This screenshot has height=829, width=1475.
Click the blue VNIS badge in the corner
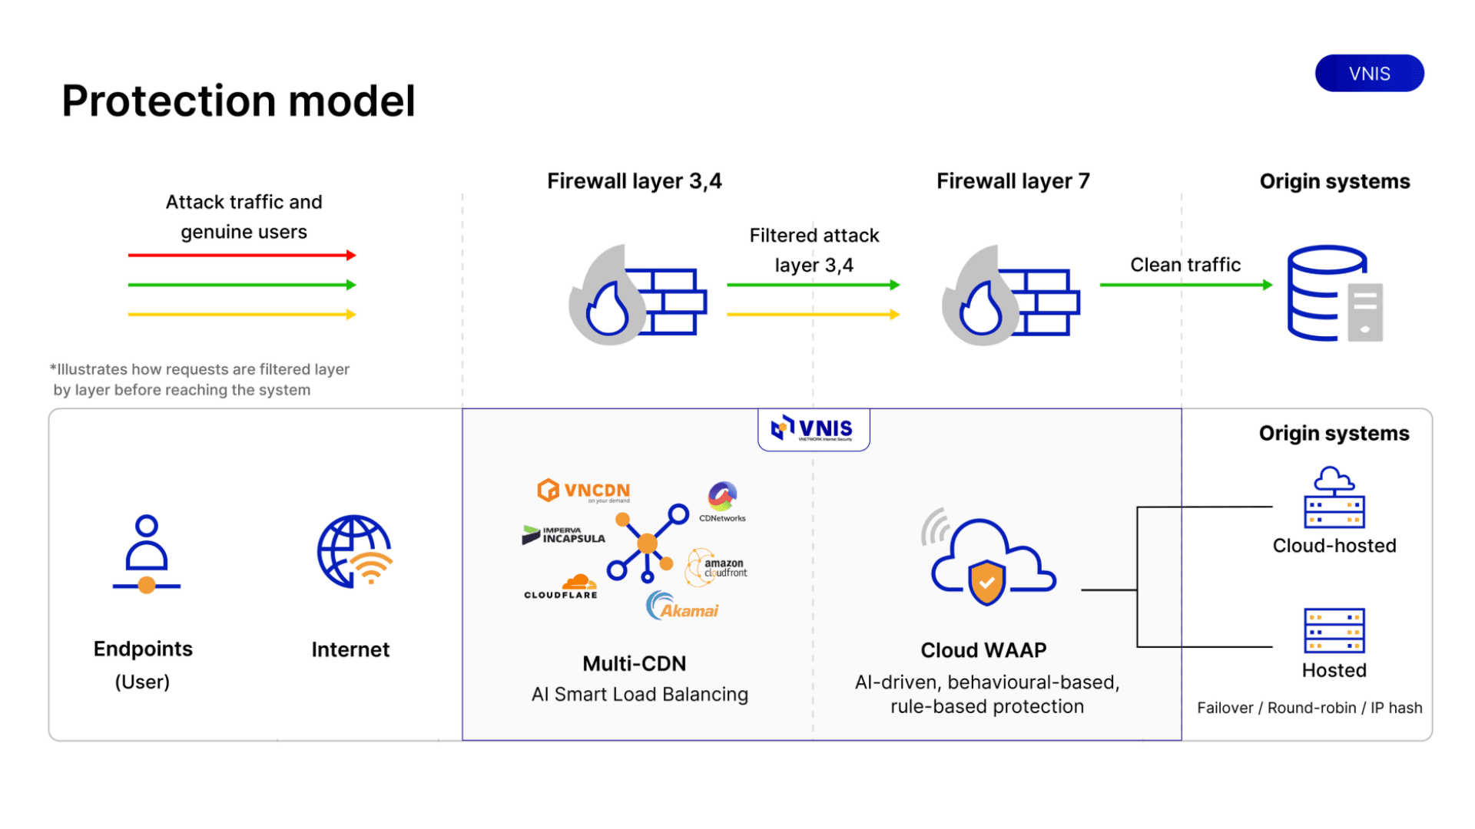(x=1369, y=74)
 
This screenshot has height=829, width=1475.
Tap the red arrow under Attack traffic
(x=242, y=255)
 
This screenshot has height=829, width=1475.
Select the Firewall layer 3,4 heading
(x=635, y=181)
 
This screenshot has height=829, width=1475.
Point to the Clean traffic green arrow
(x=1186, y=285)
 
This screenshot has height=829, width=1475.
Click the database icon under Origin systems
(x=1335, y=293)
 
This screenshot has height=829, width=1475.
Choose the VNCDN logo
(x=584, y=490)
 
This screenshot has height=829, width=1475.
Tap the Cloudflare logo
(x=562, y=586)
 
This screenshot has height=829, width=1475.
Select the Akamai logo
(x=682, y=606)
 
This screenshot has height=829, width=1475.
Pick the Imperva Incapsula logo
(x=563, y=535)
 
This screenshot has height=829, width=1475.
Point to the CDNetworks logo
(x=722, y=502)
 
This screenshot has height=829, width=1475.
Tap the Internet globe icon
(x=355, y=552)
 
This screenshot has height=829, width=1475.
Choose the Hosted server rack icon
(x=1334, y=630)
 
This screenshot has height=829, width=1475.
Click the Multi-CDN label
(x=635, y=664)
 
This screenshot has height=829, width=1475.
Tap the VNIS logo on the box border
(x=813, y=428)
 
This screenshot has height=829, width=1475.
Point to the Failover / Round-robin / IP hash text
(x=1310, y=708)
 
